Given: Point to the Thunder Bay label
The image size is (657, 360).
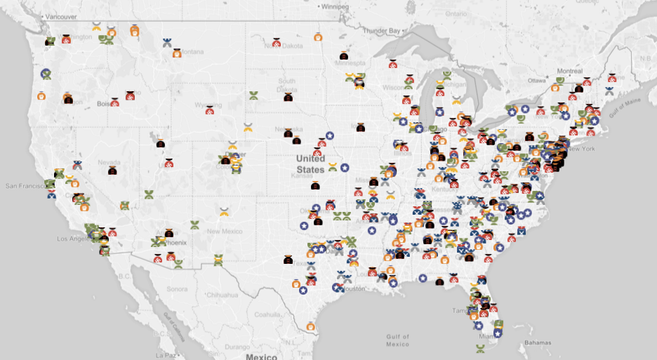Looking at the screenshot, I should (381, 31).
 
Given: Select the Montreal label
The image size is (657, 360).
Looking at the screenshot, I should (569, 72).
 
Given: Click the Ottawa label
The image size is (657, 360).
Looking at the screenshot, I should (537, 81).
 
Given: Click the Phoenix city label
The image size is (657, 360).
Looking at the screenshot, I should (175, 243).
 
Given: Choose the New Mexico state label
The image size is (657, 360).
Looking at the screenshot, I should (224, 232).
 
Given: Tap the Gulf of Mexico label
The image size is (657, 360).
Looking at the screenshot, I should (397, 340).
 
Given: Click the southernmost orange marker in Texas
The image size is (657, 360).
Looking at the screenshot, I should (310, 327).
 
